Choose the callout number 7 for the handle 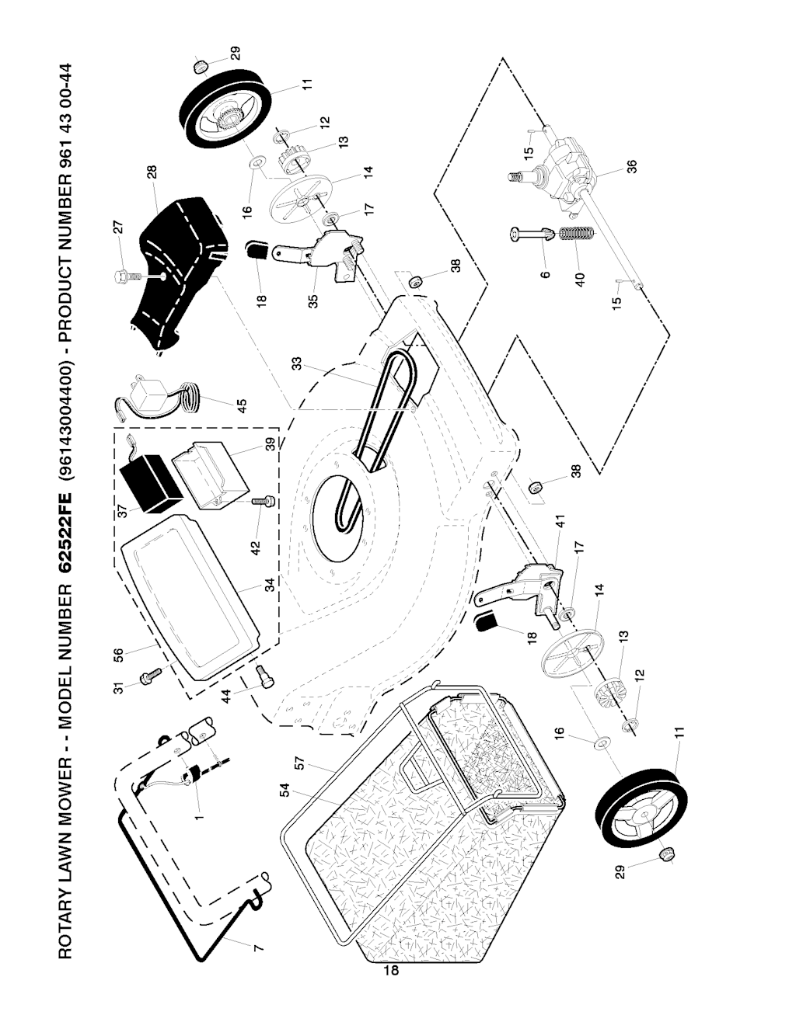tap(258, 946)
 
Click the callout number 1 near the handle tap(200, 816)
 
